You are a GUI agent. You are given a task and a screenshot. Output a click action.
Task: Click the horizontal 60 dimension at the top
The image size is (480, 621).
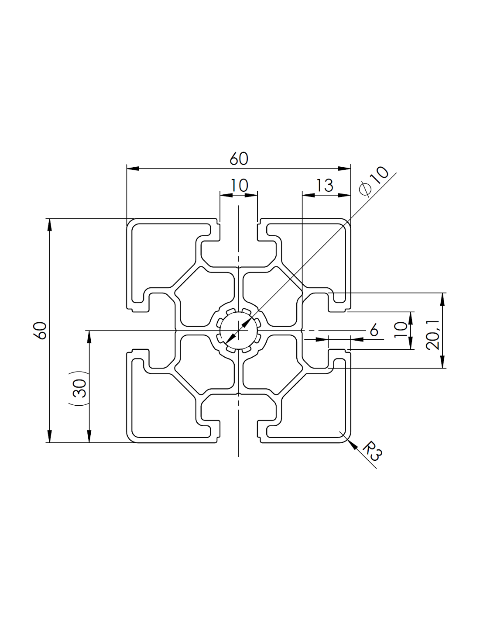click(239, 159)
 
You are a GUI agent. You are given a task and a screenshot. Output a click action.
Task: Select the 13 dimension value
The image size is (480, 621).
click(325, 186)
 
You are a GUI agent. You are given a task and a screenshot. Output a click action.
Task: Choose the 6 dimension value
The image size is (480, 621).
click(374, 330)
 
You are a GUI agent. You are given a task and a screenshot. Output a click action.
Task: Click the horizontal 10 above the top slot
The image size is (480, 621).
click(239, 186)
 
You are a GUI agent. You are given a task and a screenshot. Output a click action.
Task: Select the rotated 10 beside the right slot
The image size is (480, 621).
click(401, 330)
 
